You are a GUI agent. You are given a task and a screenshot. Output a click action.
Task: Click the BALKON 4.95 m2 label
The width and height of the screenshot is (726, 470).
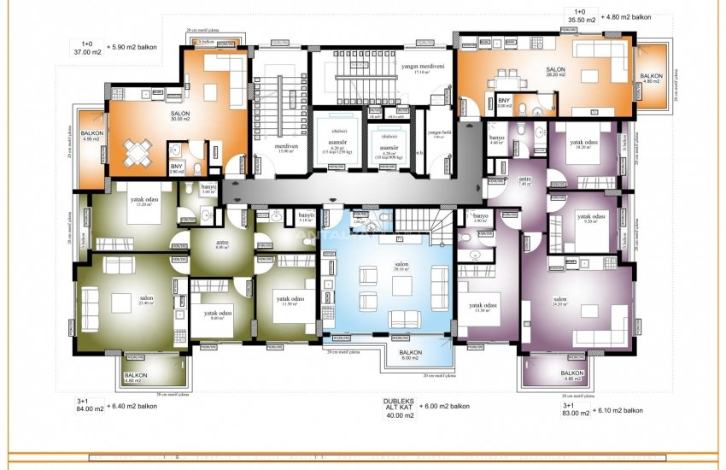92,137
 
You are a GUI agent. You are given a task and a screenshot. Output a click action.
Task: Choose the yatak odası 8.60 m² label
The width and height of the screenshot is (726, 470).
218,317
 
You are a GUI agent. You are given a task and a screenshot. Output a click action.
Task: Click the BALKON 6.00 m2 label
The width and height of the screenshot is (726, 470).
411,355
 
